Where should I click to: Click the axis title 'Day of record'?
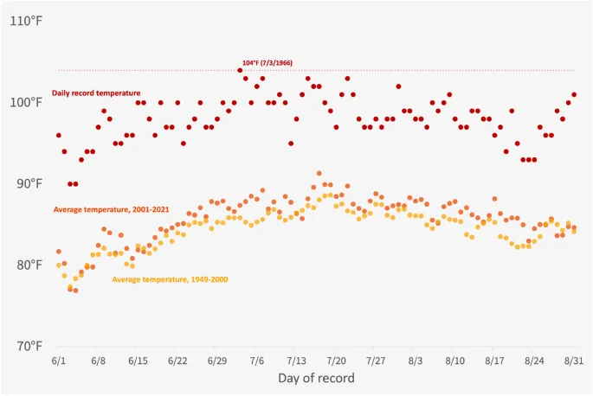[316, 379]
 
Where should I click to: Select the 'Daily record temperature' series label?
[96, 93]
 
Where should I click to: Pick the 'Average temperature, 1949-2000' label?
[171, 279]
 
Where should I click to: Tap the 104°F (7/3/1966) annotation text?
[267, 63]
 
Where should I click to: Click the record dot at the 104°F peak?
[240, 70]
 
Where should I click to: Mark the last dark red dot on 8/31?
[574, 94]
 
